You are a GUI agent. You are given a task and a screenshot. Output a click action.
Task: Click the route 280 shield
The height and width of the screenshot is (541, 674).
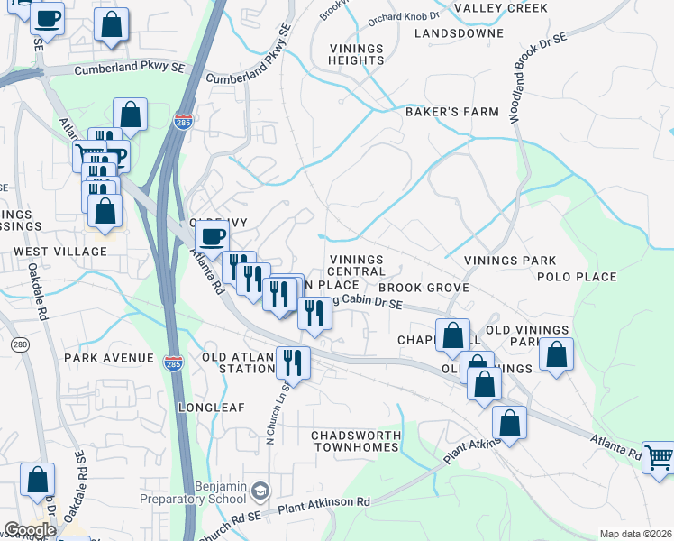20,345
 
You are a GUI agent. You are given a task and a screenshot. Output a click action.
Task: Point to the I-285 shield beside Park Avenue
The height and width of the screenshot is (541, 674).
173,362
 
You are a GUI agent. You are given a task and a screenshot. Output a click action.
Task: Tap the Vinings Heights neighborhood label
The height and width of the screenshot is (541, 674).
356,54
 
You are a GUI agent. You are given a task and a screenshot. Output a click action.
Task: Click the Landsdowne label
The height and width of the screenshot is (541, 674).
459,33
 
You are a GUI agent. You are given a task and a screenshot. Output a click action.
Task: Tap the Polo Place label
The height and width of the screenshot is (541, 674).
577,277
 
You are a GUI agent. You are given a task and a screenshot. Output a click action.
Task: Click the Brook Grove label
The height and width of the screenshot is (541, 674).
429,288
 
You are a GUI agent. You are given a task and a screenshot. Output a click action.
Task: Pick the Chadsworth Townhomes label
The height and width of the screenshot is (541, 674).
356,442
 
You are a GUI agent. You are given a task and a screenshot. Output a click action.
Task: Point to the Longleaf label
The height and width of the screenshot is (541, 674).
211,408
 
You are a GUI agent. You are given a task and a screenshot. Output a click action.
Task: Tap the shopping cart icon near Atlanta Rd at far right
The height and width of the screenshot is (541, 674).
659,456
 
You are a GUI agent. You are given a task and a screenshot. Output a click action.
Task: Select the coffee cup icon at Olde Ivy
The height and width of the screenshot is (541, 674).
212,236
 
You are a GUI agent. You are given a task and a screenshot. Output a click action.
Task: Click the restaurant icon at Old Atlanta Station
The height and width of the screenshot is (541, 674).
293,362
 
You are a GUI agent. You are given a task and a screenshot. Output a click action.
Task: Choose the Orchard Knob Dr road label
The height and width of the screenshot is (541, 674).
403,15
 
